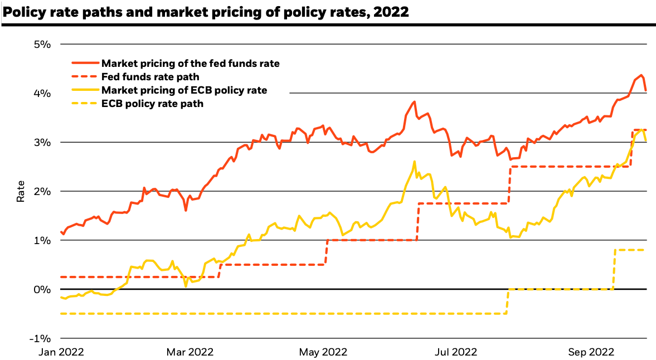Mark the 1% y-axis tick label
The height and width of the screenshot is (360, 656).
[x=43, y=240]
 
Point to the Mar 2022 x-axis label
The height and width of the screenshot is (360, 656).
[x=190, y=352]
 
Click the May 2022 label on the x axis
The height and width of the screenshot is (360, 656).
[x=323, y=352]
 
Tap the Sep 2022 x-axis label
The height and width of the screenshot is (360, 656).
[x=591, y=352]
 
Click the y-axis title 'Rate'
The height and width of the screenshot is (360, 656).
[x=20, y=191]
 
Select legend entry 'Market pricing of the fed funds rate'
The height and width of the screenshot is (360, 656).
[x=190, y=64]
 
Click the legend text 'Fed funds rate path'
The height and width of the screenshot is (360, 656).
[x=150, y=77]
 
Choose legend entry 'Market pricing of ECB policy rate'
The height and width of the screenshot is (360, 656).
[x=184, y=90]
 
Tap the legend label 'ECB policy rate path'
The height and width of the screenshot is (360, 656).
[x=152, y=104]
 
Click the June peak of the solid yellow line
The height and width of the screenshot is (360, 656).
[x=414, y=162]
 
